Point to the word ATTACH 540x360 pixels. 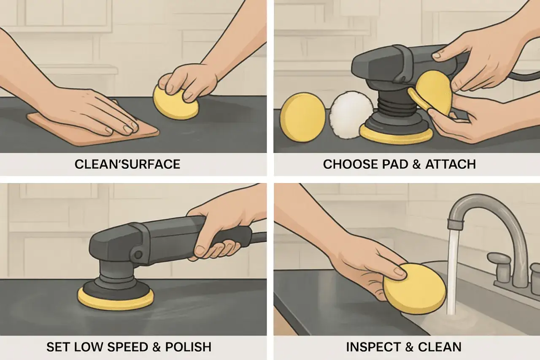pos(451,164)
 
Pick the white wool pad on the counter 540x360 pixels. pos(351,115)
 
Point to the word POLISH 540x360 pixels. pos(188,347)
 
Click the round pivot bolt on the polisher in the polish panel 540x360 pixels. pos(138,254)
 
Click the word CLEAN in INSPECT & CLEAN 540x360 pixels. pos(440,347)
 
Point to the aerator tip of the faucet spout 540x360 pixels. pos(456,224)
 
